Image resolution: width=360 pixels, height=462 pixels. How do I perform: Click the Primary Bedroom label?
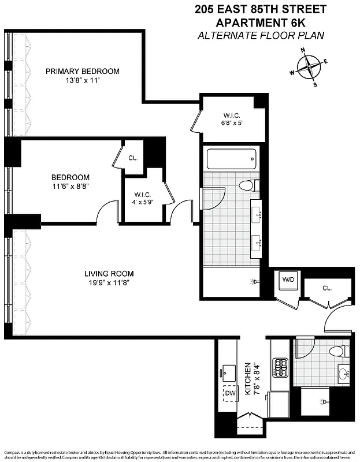pyautogui.click(x=83, y=72)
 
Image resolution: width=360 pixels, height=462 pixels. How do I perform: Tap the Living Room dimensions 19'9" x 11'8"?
pyautogui.click(x=109, y=284)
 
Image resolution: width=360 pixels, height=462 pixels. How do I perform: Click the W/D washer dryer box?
pyautogui.click(x=288, y=280)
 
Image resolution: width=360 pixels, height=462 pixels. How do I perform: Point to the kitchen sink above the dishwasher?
pyautogui.click(x=228, y=371)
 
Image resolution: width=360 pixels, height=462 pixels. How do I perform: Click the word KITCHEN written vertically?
pyautogui.click(x=247, y=379)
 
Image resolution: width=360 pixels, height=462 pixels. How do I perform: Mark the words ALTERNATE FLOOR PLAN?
pyautogui.click(x=261, y=36)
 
